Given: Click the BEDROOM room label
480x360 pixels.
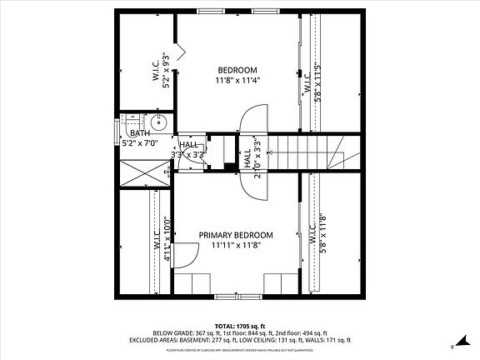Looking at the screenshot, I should coord(237,70).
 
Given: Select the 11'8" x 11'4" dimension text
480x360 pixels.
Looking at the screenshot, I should coord(237,81).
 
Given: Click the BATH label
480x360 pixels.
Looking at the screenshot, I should coord(139,133).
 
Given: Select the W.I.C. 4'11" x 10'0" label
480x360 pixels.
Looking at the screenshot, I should coord(160,239).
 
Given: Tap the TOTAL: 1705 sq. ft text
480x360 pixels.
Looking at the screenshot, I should coord(240,325).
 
